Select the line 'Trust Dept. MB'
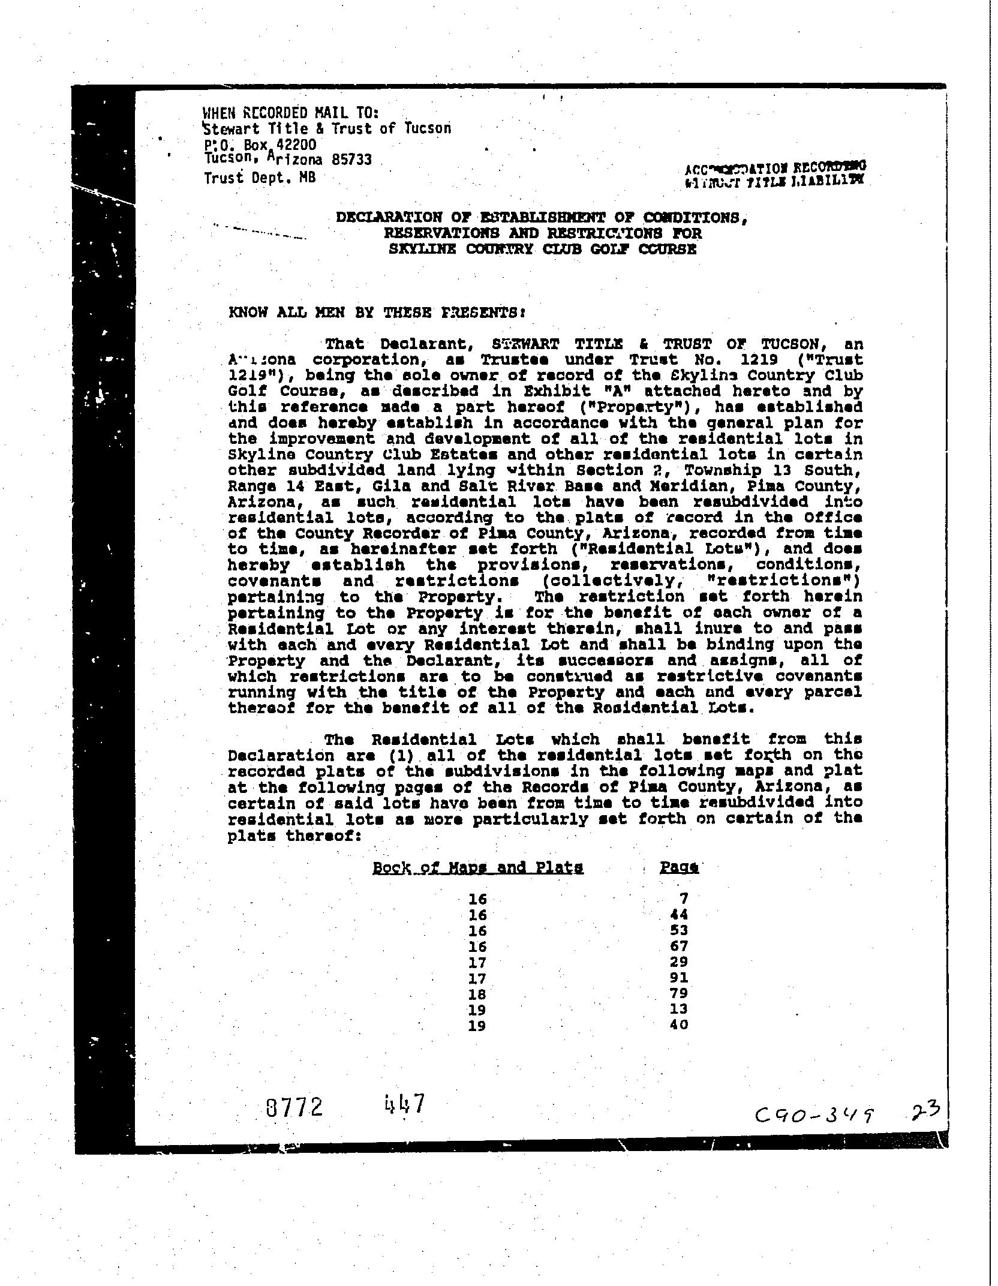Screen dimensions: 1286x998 point(259,178)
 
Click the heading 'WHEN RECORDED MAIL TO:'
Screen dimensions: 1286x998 point(291,113)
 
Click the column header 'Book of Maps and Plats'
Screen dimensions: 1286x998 point(477,867)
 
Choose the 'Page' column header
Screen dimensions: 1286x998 point(679,867)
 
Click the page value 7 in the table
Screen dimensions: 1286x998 point(684,899)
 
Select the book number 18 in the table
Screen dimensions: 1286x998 point(477,994)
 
